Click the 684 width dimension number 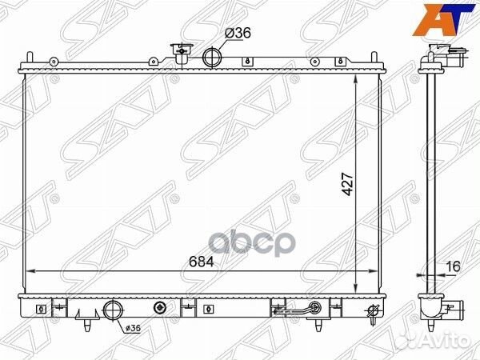pos(201,262)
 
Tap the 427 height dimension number pos(348,184)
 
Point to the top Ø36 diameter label pos(238,33)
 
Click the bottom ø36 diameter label pos(133,328)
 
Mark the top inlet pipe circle pos(213,58)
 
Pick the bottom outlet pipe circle pos(114,310)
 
